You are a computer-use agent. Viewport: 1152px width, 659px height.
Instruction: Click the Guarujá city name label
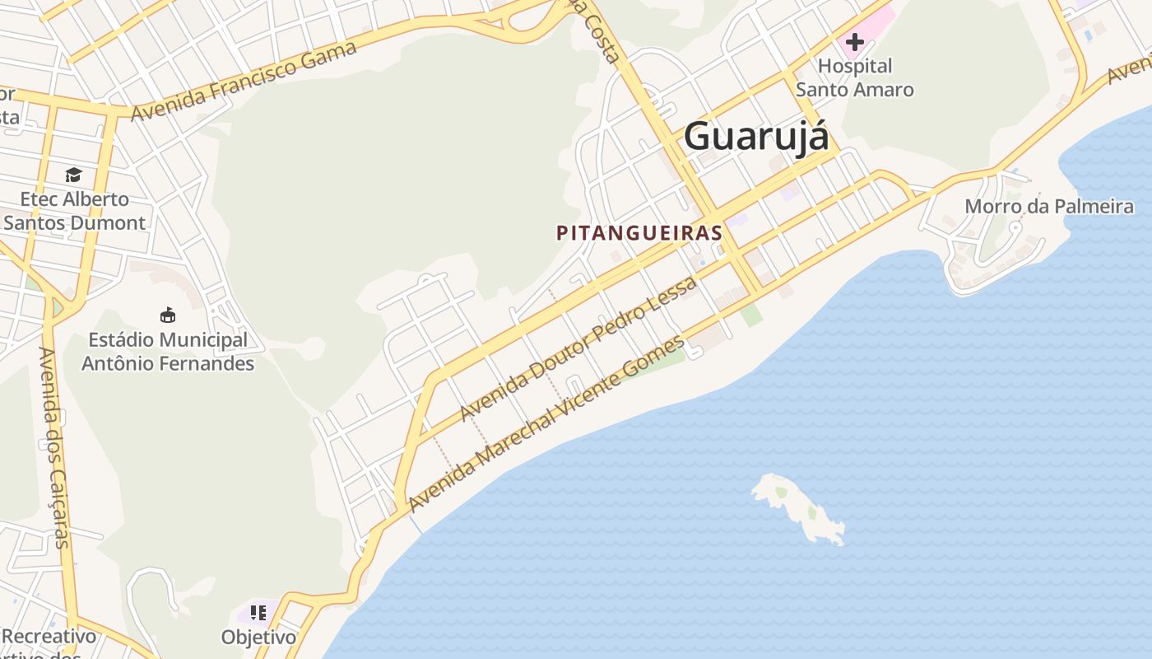point(756,136)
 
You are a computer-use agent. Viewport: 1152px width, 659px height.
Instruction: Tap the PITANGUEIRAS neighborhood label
point(639,233)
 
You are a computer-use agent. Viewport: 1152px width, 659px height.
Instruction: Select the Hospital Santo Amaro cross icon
point(855,41)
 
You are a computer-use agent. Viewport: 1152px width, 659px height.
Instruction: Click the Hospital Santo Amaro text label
point(855,77)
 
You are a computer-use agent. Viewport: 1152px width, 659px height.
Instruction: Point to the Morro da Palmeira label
point(1049,206)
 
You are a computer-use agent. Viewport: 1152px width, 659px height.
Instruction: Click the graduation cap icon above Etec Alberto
point(73,175)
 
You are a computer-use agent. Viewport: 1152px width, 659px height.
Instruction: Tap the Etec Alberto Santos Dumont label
point(75,211)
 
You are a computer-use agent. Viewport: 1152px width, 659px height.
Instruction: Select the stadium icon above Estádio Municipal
point(168,315)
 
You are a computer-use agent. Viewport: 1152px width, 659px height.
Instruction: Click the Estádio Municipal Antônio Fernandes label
point(168,351)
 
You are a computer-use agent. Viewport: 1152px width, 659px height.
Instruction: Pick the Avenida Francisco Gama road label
point(244,80)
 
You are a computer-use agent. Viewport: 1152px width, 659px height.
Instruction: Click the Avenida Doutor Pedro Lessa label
point(578,348)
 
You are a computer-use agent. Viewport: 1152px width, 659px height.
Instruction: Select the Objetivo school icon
point(258,613)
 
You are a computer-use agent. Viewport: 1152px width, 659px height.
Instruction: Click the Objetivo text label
point(258,637)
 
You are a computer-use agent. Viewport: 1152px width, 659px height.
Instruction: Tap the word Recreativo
point(49,636)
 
